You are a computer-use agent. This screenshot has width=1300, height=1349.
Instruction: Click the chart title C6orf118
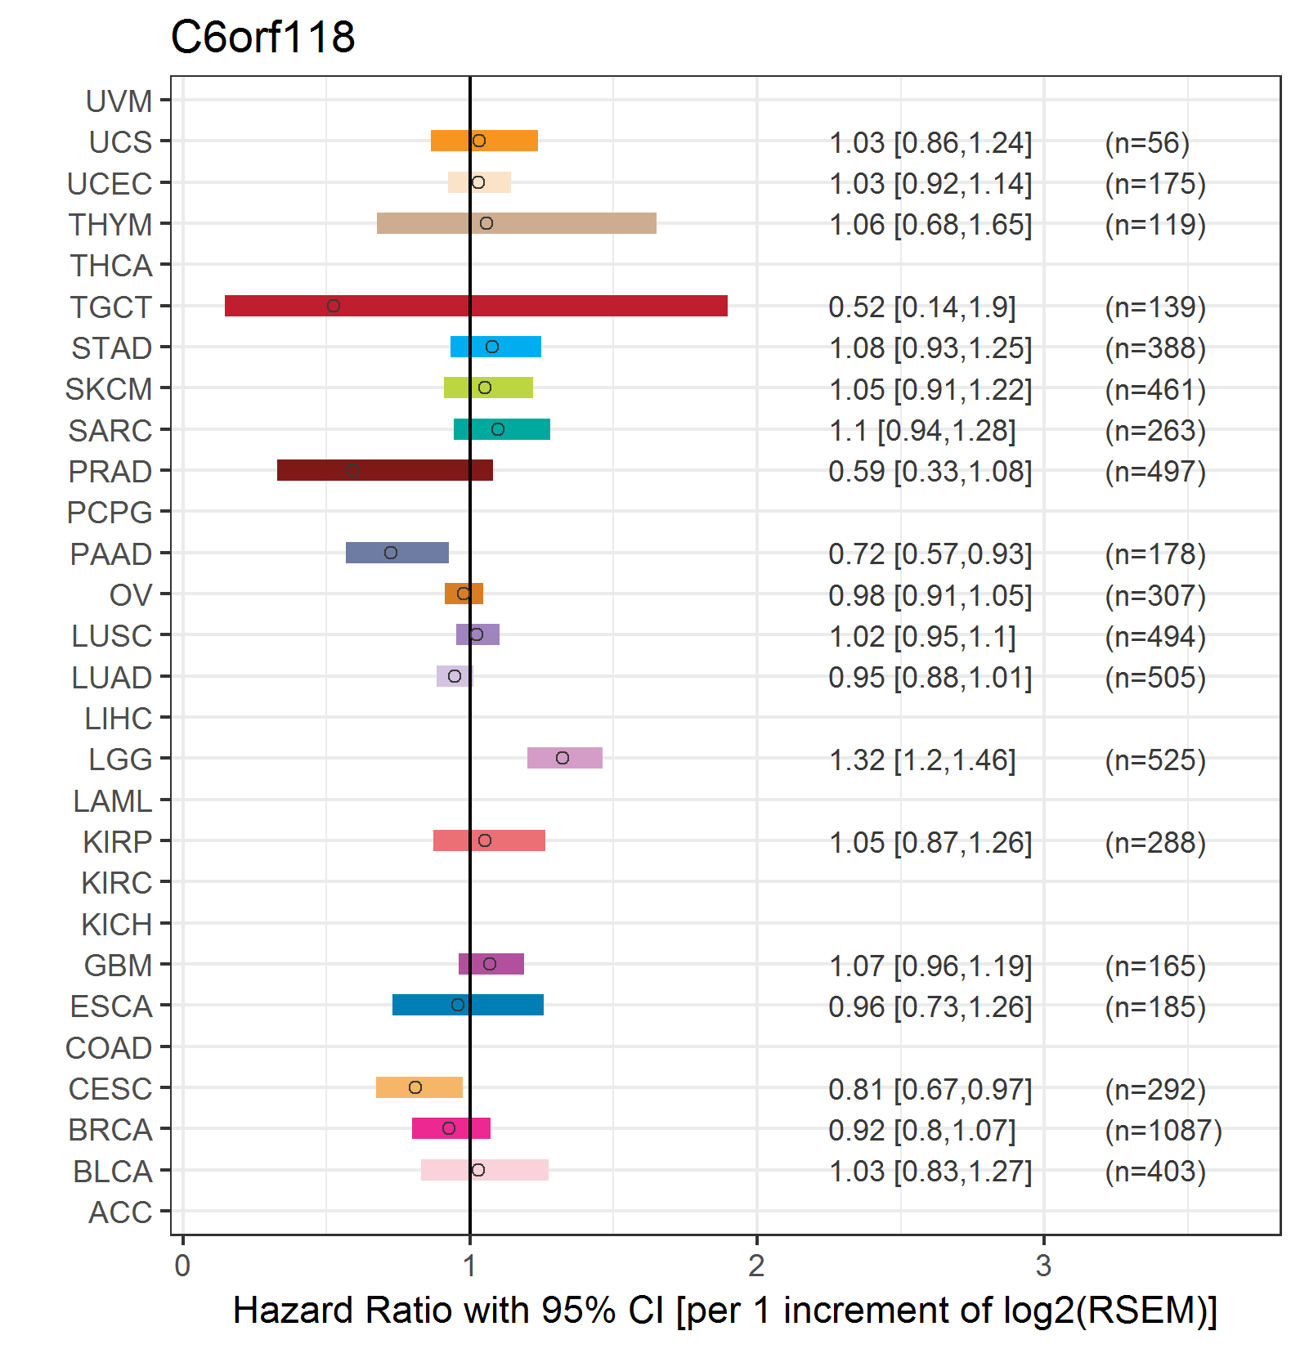tap(262, 37)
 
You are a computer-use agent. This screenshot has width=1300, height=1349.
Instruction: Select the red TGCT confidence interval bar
tap(476, 306)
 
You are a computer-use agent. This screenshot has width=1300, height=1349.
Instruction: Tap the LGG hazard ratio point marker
tap(563, 758)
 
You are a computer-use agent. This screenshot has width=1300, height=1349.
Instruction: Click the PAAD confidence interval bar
tap(397, 553)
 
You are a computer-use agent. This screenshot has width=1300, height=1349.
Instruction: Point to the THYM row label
tap(110, 225)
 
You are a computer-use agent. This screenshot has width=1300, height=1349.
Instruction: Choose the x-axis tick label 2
tap(756, 1266)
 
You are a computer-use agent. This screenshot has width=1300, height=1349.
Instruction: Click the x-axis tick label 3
tap(1043, 1266)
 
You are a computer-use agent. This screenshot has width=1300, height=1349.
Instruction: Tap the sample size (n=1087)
tap(1163, 1131)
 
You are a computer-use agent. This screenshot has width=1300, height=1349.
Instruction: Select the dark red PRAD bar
tap(385, 470)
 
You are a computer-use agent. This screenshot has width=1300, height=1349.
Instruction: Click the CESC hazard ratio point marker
tap(415, 1087)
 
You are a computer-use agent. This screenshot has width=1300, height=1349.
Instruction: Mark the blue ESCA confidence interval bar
tap(468, 1005)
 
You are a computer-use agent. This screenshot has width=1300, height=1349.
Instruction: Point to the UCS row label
tap(120, 142)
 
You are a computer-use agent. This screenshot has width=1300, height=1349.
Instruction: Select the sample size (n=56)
tap(1147, 143)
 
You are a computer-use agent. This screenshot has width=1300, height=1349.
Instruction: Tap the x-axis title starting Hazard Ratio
tap(725, 1311)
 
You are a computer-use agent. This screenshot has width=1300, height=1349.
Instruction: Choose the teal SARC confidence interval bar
tap(502, 429)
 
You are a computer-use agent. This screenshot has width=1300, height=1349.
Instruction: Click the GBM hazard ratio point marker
tap(490, 964)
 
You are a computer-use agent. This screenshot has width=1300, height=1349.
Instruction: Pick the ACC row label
tap(120, 1212)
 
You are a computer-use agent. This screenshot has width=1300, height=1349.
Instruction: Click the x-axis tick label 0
tap(182, 1266)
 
